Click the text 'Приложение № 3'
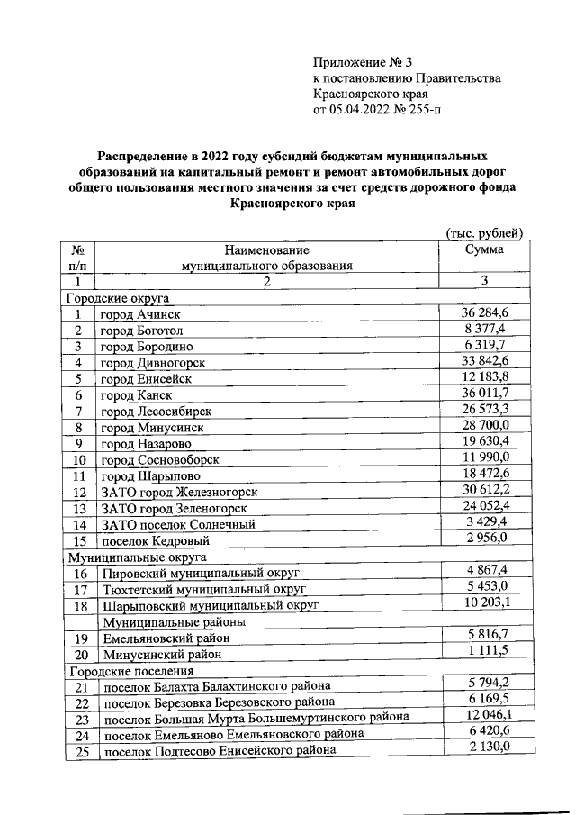(362, 62)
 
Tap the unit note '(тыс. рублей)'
(485, 233)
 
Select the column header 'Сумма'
(483, 249)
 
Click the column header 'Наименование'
(266, 249)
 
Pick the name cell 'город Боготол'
(142, 331)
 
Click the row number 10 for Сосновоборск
(79, 459)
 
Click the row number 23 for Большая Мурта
(79, 719)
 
